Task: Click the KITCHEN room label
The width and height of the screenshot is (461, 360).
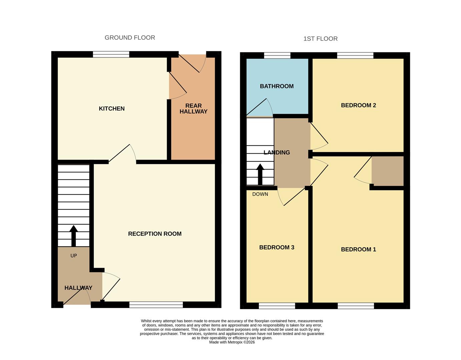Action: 112,109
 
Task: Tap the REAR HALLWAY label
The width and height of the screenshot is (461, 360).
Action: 193,109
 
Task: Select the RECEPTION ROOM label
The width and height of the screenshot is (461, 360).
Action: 155,234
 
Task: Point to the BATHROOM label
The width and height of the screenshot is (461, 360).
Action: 277,86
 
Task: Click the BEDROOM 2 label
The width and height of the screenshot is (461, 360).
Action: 358,105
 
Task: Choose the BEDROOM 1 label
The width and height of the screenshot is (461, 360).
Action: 358,249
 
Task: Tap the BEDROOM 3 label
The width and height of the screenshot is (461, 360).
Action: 277,247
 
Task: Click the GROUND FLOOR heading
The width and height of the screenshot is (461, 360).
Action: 130,38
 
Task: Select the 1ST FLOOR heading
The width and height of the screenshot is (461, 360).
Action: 320,39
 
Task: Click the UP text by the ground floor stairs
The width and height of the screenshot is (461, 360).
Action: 74,256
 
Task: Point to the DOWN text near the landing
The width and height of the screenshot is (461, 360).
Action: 260,194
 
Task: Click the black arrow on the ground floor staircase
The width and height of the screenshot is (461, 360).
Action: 74,235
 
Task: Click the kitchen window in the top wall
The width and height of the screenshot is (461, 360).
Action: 111,55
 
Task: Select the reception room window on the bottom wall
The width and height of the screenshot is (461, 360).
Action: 156,305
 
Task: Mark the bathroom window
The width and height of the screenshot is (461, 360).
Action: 277,56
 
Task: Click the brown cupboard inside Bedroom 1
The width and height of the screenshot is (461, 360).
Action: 388,171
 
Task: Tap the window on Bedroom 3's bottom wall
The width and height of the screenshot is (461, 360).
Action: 277,306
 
